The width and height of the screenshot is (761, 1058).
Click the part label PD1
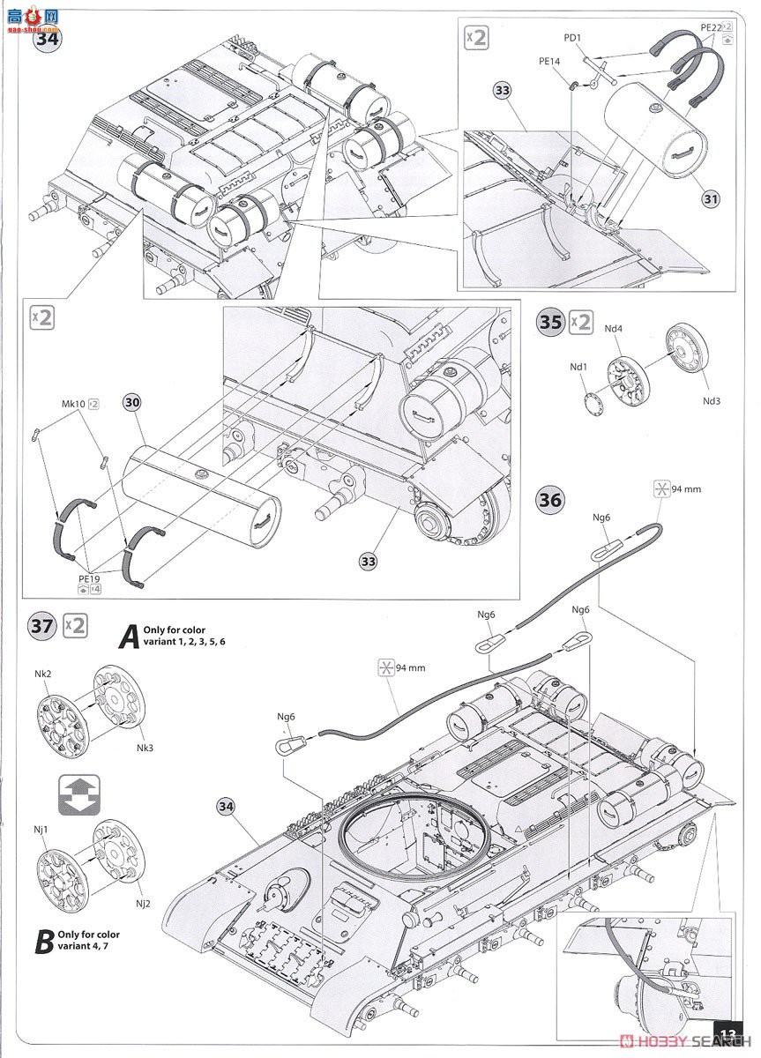(572, 39)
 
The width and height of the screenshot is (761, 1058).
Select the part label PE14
(548, 63)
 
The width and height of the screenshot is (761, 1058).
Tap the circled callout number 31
(711, 199)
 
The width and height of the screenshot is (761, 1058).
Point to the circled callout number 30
(132, 402)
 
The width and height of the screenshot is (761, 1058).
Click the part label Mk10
(74, 404)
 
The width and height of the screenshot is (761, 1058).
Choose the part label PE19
(90, 578)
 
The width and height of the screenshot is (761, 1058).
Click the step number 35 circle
(550, 322)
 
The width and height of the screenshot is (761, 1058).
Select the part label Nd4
(614, 329)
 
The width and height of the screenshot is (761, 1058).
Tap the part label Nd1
(578, 366)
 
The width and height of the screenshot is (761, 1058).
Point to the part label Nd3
(711, 400)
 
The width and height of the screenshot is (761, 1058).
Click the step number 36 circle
(550, 500)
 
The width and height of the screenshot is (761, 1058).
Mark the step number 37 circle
(41, 626)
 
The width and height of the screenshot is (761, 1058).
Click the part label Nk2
(42, 674)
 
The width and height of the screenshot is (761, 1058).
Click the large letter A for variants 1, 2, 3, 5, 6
(128, 636)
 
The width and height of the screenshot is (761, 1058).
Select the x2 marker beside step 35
(581, 321)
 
